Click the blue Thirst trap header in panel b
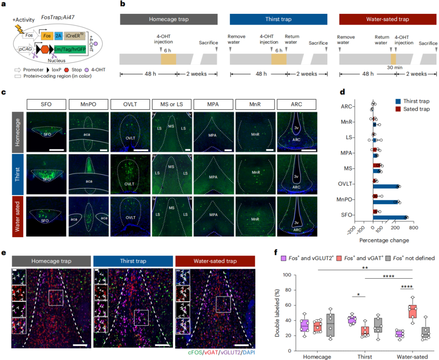coord(278,20)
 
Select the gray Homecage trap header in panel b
coord(168,20)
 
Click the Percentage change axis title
coord(384,240)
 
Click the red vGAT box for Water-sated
coord(413,312)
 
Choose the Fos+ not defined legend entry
coord(410,258)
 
